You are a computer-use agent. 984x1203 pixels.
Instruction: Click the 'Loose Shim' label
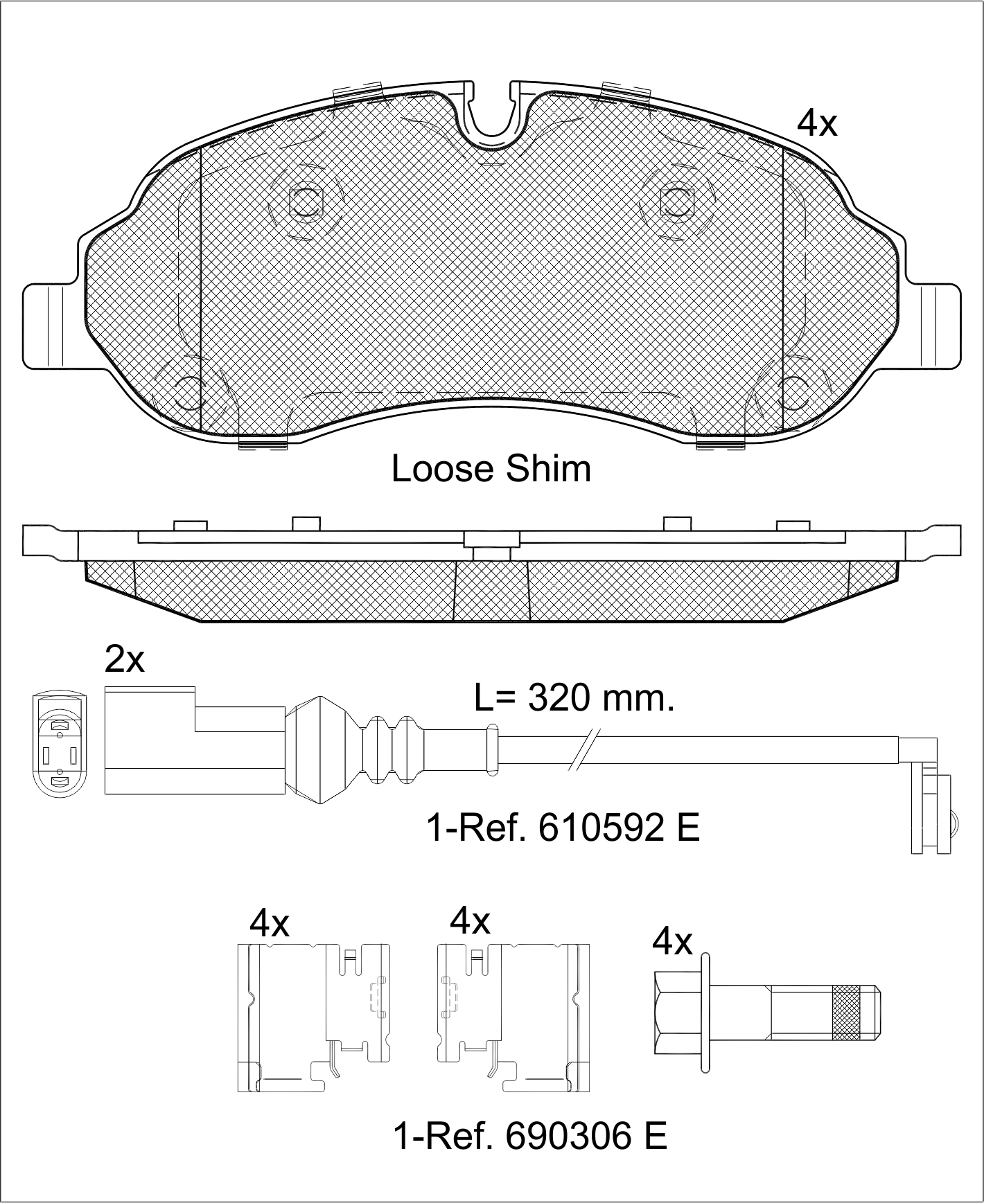pos(491,469)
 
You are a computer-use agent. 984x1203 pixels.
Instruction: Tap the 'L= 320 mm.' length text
pos(574,698)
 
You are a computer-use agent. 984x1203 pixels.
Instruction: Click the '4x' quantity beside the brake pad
pos(818,124)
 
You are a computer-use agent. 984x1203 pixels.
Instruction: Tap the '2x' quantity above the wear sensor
pos(125,659)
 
